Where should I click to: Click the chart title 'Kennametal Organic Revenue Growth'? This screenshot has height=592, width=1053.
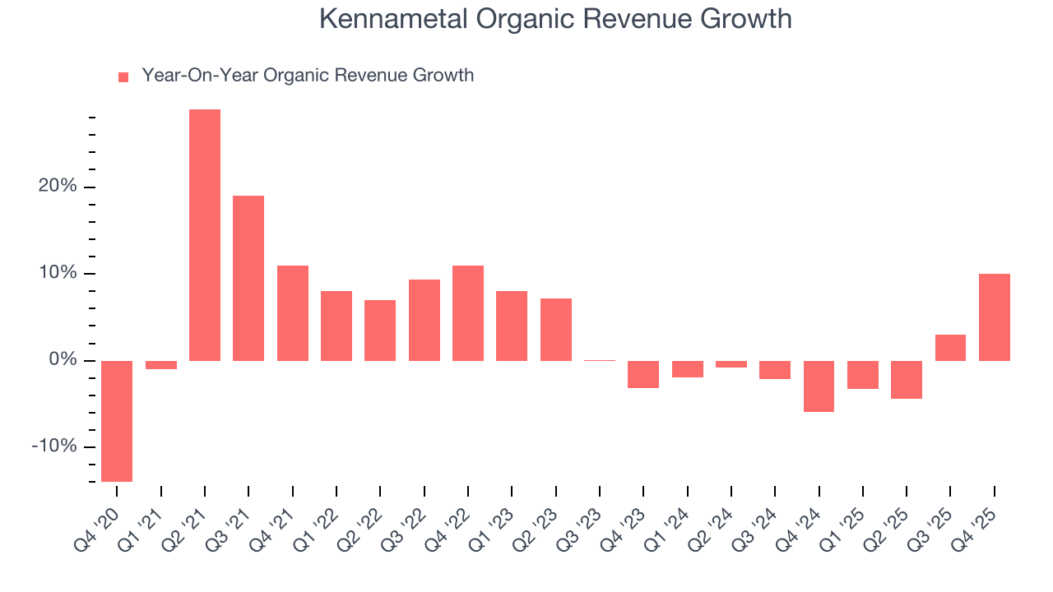pyautogui.click(x=555, y=19)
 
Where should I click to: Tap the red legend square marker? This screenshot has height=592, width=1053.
pyautogui.click(x=123, y=76)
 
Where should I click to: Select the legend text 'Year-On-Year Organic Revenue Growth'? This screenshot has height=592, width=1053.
pyautogui.click(x=308, y=76)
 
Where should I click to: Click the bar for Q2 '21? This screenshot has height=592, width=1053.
pyautogui.click(x=205, y=235)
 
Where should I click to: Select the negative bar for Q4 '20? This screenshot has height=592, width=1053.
pyautogui.click(x=117, y=421)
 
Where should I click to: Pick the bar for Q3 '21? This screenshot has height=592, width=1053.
pyautogui.click(x=248, y=278)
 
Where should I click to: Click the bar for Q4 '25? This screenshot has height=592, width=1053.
pyautogui.click(x=994, y=317)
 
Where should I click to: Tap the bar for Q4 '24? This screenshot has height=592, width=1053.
pyautogui.click(x=819, y=386)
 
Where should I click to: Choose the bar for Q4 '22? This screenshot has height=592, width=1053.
pyautogui.click(x=468, y=313)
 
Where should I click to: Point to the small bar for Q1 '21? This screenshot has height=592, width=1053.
pyautogui.click(x=161, y=365)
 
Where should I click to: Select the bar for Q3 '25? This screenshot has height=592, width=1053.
pyautogui.click(x=950, y=348)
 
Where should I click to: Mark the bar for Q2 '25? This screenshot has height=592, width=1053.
pyautogui.click(x=907, y=380)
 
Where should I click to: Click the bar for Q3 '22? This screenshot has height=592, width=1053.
pyautogui.click(x=424, y=320)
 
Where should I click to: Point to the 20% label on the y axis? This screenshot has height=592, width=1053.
pyautogui.click(x=57, y=187)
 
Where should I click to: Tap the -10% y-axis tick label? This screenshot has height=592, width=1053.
pyautogui.click(x=53, y=446)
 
